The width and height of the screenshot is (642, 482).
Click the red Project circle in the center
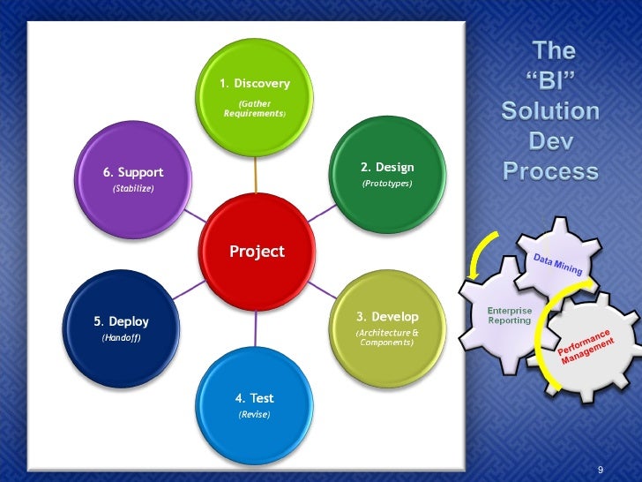point(257,252)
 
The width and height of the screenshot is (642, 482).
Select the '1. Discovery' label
point(255,84)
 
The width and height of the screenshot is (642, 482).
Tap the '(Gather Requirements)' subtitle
point(255,109)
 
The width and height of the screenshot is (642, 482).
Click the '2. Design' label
point(387,167)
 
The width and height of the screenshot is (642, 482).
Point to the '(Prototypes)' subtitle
point(387,184)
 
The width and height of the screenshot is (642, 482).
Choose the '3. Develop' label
point(387,316)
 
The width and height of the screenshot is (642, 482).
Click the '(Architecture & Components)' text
point(387,337)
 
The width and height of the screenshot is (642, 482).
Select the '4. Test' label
point(255,398)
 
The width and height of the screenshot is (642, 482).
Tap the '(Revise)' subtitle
point(255,414)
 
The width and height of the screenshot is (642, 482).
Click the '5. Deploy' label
point(122,321)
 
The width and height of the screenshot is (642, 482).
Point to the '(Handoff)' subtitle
point(121,337)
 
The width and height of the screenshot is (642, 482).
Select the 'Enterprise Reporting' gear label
point(510,315)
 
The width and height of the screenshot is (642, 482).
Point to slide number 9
point(601,469)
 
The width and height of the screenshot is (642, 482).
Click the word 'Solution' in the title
point(550,112)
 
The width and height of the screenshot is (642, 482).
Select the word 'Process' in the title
point(550,170)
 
